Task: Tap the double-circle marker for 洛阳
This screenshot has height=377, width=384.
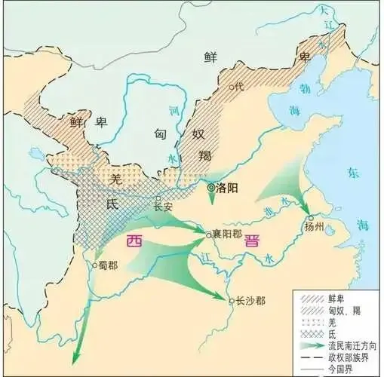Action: coord(210,186)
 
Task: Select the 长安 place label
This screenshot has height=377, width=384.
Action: coord(164,206)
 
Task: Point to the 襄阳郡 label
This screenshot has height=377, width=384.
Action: coord(227,235)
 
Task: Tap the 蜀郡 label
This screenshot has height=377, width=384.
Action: coord(108,265)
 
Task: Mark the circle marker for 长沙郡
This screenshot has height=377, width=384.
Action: coord(232,300)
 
